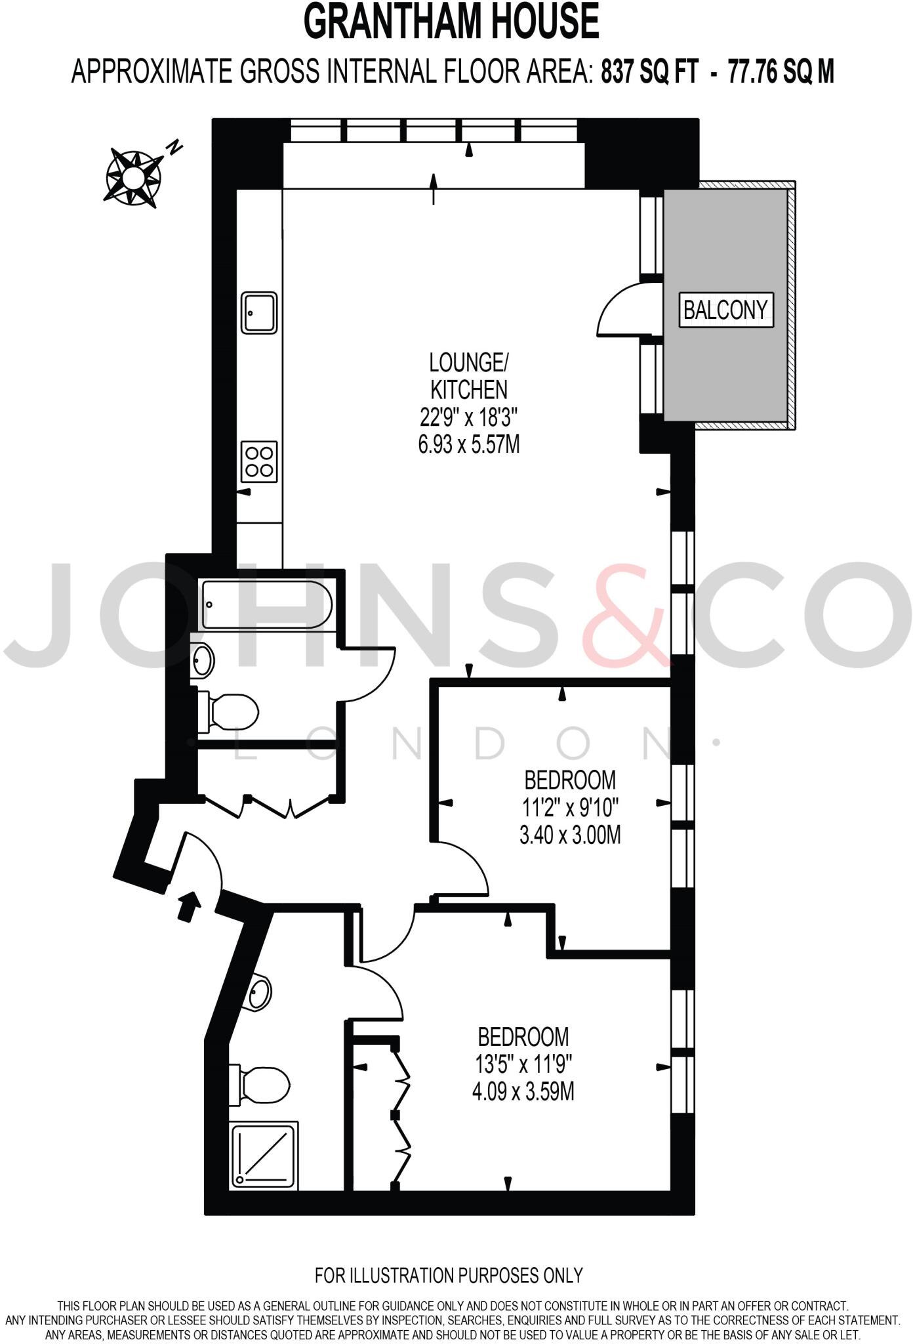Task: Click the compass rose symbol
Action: pyautogui.click(x=133, y=177)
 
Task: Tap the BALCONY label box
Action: pyautogui.click(x=725, y=309)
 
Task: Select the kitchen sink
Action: pyautogui.click(x=260, y=313)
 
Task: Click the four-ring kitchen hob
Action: pyautogui.click(x=260, y=461)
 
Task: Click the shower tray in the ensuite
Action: pyautogui.click(x=264, y=1156)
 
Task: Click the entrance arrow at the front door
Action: pyautogui.click(x=190, y=906)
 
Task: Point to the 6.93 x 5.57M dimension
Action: pyautogui.click(x=468, y=444)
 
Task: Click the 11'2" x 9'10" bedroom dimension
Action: pyautogui.click(x=570, y=807)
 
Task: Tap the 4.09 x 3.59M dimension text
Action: pyautogui.click(x=523, y=1092)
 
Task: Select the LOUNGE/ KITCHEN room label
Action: pyautogui.click(x=468, y=375)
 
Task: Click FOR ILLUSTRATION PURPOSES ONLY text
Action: pyautogui.click(x=449, y=1276)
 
